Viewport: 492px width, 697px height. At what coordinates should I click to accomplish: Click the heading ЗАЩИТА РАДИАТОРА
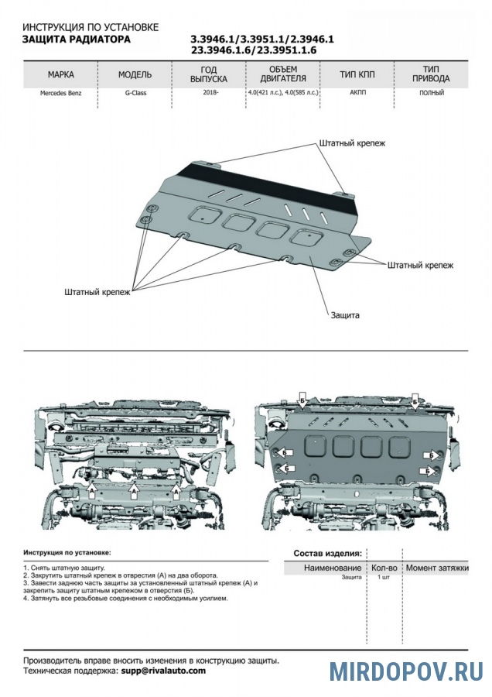77,39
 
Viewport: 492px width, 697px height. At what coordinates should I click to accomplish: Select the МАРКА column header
60,75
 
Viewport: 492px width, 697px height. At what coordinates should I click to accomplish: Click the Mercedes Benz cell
60,93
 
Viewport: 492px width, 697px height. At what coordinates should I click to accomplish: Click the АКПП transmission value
357,93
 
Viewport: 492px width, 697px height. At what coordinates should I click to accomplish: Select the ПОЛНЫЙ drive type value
431,93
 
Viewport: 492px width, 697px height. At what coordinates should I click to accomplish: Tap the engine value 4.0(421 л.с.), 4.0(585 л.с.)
282,93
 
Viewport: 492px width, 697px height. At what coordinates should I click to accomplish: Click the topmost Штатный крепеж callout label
351,143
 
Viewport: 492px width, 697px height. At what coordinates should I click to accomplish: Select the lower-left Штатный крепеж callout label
98,292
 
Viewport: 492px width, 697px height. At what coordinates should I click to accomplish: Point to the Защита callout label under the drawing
346,315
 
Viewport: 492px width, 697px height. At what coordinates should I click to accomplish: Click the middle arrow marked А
134,490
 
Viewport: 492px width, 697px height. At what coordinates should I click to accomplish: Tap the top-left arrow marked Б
302,401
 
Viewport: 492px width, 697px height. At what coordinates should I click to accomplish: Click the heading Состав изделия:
327,554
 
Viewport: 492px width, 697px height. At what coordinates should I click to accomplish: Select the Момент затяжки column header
437,568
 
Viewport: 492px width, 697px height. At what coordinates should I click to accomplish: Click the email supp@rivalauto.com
163,671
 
